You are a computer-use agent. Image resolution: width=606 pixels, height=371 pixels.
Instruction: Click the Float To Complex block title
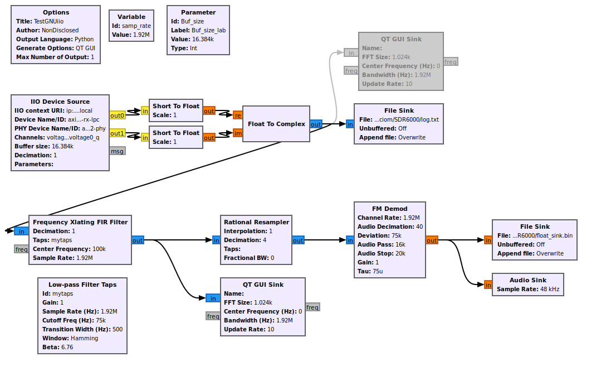pyautogui.click(x=276, y=124)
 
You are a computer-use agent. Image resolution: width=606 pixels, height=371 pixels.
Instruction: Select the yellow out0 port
pyautogui.click(x=117, y=115)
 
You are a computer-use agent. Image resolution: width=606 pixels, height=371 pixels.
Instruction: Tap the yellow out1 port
pyautogui.click(x=117, y=133)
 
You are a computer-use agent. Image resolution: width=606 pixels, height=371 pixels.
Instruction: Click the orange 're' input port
pyautogui.click(x=238, y=115)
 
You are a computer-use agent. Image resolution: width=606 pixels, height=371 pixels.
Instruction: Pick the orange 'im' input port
pyautogui.click(x=238, y=133)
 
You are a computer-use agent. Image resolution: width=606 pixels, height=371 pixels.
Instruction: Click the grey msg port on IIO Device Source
pyautogui.click(x=117, y=151)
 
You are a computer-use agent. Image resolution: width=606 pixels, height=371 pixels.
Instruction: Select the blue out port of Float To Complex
pyautogui.click(x=316, y=124)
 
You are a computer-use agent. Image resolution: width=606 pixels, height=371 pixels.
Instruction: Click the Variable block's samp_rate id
pyautogui.click(x=136, y=26)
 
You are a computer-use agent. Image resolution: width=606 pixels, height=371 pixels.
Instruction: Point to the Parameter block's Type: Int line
pyautogui.click(x=184, y=48)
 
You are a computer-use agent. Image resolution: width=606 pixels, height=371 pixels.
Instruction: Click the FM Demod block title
pyautogui.click(x=389, y=209)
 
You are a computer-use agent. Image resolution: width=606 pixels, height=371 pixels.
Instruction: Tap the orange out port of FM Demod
pyautogui.click(x=432, y=240)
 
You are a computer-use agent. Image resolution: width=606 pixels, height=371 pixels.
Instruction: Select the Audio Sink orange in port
pyautogui.click(x=488, y=285)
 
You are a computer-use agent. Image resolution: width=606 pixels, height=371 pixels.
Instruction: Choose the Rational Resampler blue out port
pyautogui.click(x=298, y=240)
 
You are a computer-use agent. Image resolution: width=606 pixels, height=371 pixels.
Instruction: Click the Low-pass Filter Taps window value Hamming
pyautogui.click(x=84, y=338)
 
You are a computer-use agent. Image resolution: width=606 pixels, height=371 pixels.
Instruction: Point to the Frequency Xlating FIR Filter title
pyautogui.click(x=80, y=222)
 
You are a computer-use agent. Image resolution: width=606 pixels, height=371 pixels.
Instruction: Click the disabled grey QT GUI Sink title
pyautogui.click(x=401, y=39)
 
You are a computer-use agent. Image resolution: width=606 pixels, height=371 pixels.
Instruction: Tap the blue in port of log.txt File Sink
pyautogui.click(x=350, y=124)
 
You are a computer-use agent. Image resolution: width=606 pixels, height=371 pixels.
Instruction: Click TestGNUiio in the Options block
pyautogui.click(x=48, y=21)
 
